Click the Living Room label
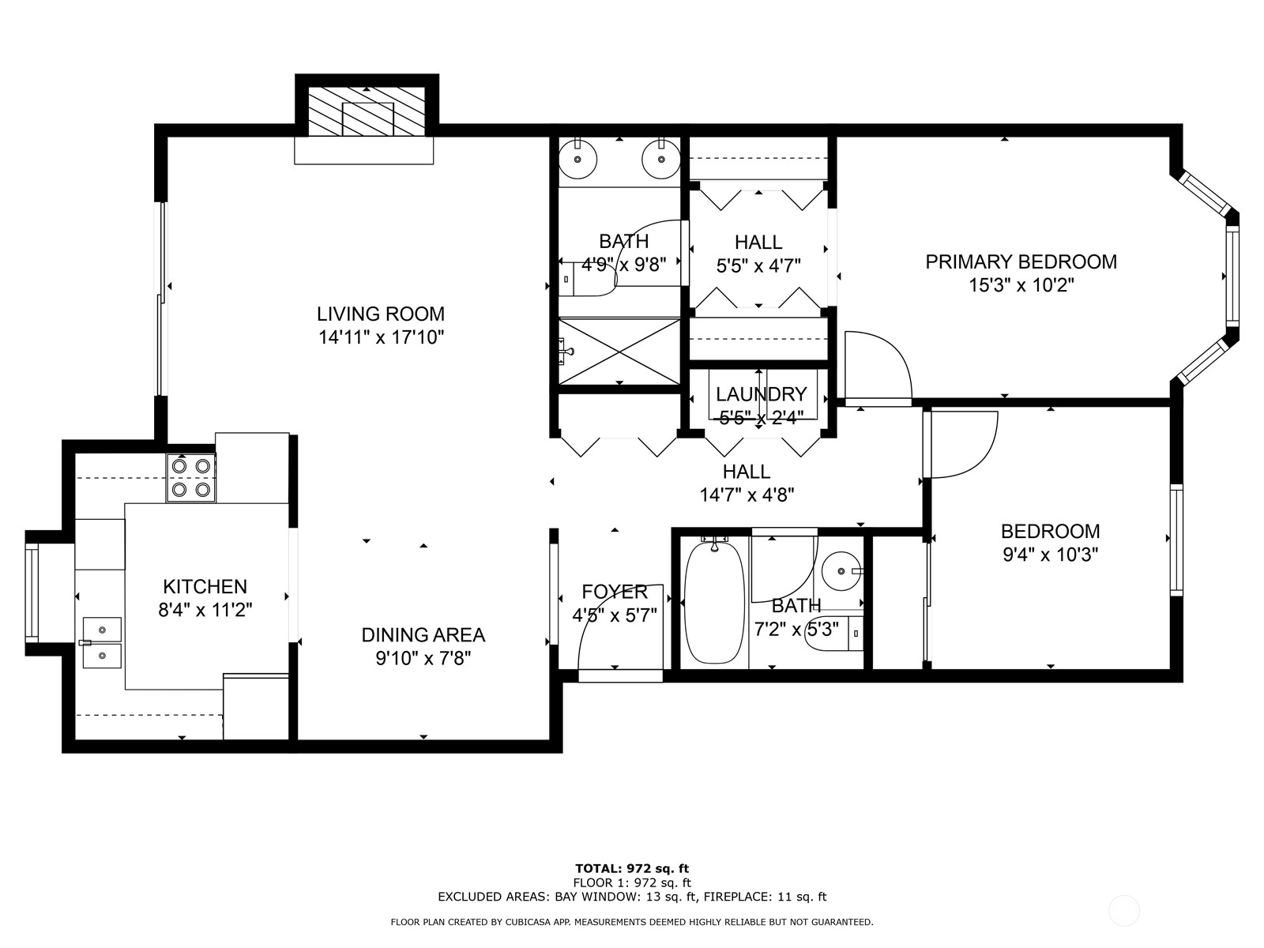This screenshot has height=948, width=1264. pos(381,314)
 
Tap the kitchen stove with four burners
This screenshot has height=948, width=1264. pos(191,478)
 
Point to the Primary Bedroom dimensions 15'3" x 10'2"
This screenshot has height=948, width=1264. pos(1021,285)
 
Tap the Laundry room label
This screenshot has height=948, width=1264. pos(761,394)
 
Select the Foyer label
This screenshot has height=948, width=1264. pos(614,592)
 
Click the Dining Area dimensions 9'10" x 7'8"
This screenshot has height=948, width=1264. pos(423,658)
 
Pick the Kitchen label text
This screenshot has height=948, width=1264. pos(205,587)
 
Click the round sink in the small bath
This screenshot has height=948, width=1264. pos(841,569)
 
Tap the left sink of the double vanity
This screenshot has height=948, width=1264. pos(578,161)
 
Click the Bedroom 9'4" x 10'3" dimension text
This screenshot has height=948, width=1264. pos(1050,555)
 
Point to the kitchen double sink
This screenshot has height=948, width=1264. pos(102,642)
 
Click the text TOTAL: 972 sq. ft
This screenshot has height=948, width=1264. pos(632,869)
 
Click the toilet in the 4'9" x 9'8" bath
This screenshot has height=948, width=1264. pos(589,279)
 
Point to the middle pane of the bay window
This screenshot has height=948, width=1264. pos(1232,276)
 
